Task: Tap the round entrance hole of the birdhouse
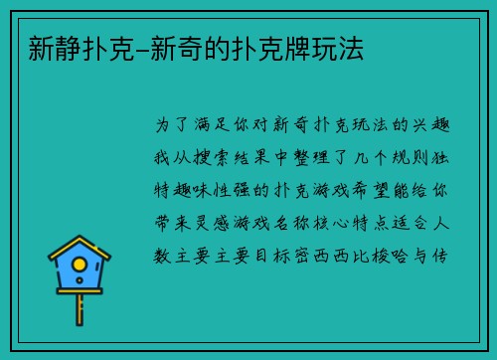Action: pos(81,267)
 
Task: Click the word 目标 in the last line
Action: pos(267,256)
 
